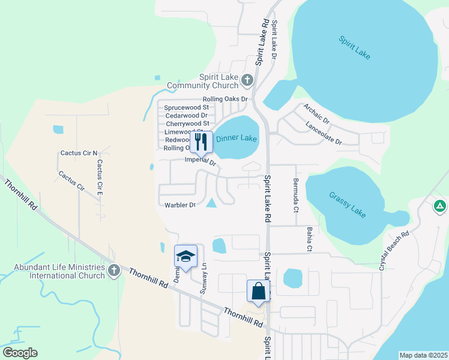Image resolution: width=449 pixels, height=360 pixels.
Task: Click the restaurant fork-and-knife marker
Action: pos(201,142)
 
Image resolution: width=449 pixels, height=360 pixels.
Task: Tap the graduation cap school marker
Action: pos(185,256)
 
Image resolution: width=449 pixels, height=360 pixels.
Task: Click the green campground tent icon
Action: pos(440,206)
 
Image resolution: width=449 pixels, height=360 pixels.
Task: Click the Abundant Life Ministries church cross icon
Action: pos(113,271)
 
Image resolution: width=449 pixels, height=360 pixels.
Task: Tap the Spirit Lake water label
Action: pos(354,49)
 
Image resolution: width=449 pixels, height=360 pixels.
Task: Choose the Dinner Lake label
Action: pos(237,139)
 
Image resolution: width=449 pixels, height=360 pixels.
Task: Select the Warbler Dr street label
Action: pos(180,205)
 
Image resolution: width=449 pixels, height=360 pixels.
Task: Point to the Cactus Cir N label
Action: pos(79,153)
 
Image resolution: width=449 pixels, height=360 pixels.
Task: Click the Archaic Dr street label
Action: pos(316,113)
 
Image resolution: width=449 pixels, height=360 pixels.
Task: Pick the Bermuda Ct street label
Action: pos(295,195)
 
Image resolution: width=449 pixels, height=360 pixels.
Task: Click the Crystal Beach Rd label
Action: pos(394,250)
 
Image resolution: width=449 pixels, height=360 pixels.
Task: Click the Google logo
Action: pos(20,353)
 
